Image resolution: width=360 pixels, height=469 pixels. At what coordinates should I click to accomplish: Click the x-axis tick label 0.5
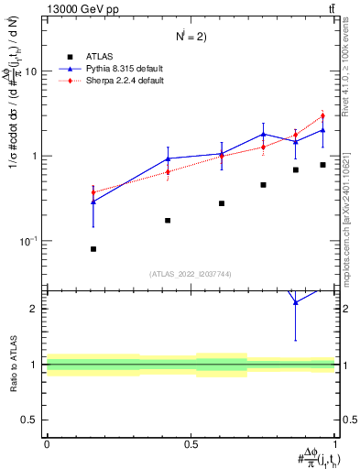pos(191,443)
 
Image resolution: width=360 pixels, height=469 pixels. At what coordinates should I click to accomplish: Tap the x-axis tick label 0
pos(47,443)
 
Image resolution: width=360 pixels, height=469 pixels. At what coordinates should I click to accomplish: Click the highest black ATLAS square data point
pos(322,165)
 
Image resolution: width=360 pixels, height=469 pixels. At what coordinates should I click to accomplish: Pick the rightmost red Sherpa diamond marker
pos(322,116)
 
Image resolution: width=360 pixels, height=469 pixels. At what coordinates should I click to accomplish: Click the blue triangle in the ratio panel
pos(295,301)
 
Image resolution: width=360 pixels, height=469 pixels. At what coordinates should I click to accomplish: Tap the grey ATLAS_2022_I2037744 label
pos(191,274)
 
